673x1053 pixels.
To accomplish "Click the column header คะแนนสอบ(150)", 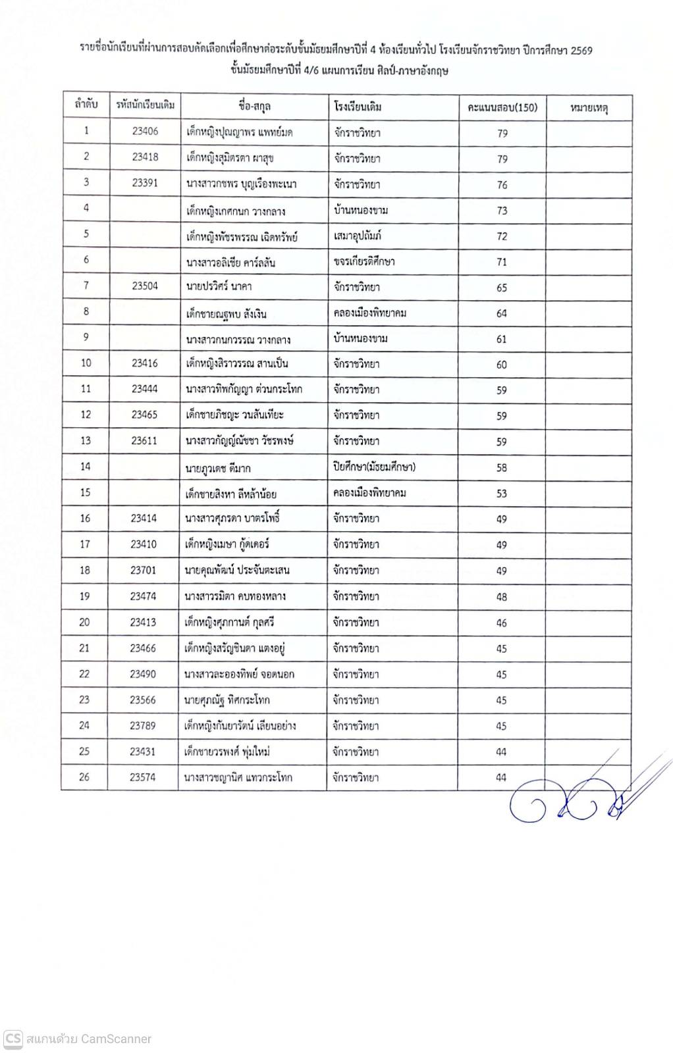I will [502, 107].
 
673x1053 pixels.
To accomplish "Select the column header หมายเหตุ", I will [589, 107].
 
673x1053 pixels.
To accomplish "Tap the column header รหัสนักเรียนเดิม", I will [145, 105].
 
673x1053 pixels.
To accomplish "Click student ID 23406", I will [145, 131].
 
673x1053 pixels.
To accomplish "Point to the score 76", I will [502, 185].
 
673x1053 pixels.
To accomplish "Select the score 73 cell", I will [502, 211].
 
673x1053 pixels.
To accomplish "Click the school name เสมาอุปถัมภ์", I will [358, 236].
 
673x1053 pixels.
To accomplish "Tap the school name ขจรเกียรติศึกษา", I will [364, 261].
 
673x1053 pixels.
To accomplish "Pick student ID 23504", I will [145, 286].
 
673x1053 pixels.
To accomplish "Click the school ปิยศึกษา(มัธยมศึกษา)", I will [374, 467].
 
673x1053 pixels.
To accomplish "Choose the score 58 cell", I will [502, 468].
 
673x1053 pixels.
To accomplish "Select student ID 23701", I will [143, 570].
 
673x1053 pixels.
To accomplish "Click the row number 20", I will [84, 622].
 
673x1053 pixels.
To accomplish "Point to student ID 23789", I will [142, 725].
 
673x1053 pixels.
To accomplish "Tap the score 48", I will [502, 597].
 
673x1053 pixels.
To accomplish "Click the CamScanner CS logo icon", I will [13, 1039].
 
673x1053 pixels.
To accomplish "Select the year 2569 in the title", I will [581, 50].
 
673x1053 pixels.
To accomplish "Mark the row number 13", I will [86, 440].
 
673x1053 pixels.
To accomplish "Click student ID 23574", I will [142, 777].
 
